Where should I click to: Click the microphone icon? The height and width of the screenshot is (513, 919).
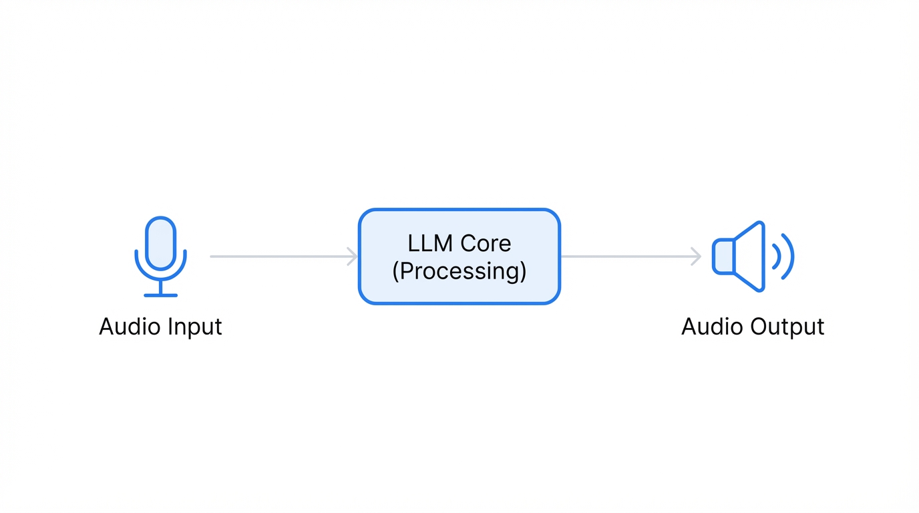(160, 256)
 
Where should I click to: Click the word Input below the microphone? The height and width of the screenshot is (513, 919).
(194, 327)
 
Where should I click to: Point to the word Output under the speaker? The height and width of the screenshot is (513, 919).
(787, 327)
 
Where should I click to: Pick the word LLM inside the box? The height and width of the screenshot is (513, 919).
(430, 243)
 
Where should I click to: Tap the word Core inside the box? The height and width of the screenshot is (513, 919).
(486, 243)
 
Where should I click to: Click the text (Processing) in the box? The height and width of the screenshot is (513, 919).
(459, 271)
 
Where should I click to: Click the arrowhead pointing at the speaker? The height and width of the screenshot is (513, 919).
(697, 256)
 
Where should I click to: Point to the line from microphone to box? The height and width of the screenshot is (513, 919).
(277, 256)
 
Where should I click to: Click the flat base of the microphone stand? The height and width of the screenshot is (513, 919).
(160, 295)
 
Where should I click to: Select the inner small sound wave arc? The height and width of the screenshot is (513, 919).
(777, 256)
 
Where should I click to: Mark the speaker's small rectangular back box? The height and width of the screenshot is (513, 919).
(723, 256)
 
